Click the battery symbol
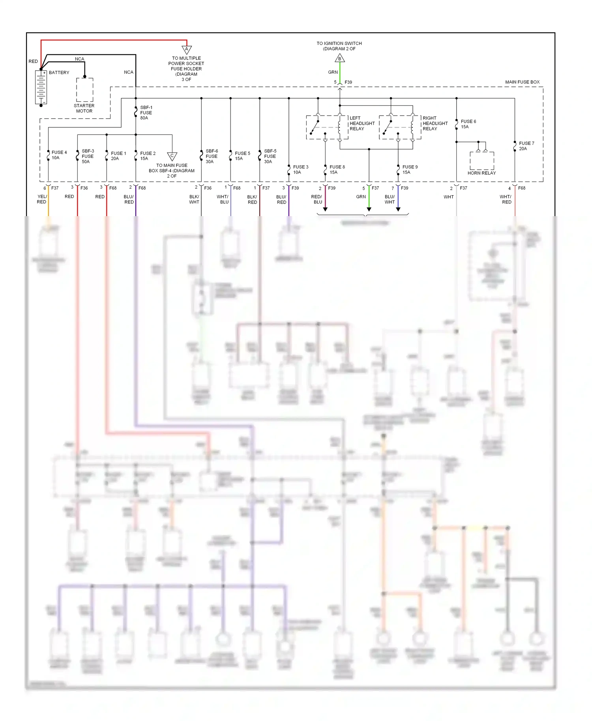[x=41, y=88]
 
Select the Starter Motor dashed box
[x=84, y=90]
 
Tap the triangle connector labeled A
[x=187, y=50]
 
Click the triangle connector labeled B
[x=340, y=59]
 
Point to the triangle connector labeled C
[x=172, y=156]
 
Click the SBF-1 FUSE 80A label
[x=146, y=113]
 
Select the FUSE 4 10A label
[x=59, y=155]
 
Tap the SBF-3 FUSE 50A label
[x=88, y=156]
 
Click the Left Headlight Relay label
[x=362, y=123]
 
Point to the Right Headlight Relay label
[x=435, y=123]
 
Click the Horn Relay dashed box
[x=481, y=161]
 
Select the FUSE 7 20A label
[x=526, y=146]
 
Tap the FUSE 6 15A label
[x=468, y=124]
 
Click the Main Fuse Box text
[x=522, y=82]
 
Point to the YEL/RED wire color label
[x=42, y=199]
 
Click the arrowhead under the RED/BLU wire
[x=325, y=209]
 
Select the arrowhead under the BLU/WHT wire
[x=398, y=209]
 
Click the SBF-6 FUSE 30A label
[x=212, y=156]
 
